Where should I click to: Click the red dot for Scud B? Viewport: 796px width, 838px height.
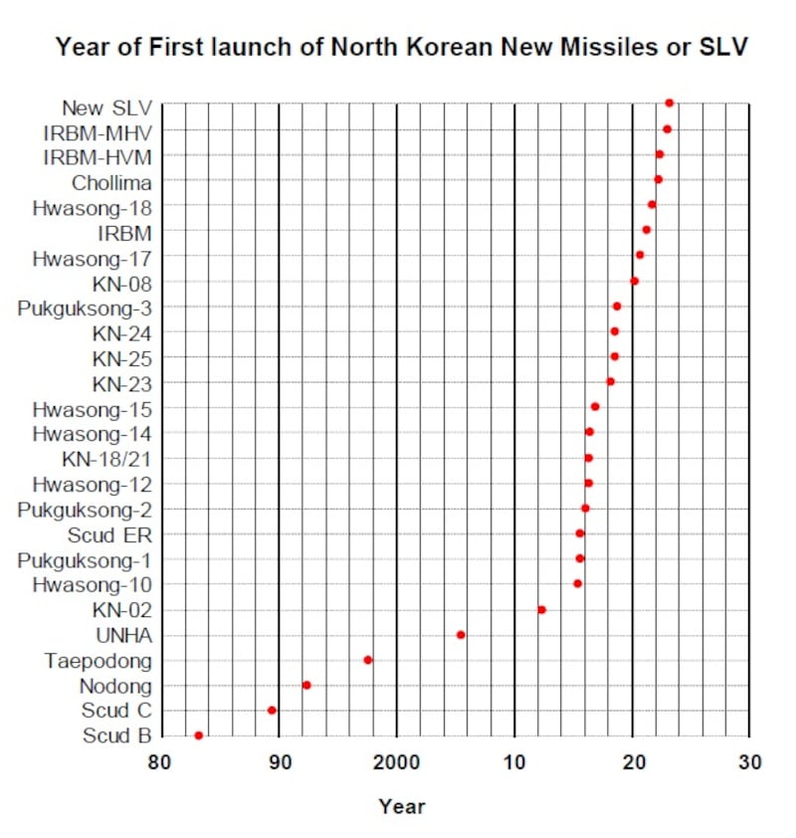[198, 735]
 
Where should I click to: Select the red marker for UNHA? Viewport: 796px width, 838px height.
[460, 635]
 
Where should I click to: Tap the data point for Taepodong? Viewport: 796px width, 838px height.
[368, 660]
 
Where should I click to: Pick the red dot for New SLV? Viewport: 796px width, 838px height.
[669, 103]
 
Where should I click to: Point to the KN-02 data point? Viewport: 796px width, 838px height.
[541, 609]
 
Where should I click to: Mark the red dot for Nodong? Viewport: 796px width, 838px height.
[306, 685]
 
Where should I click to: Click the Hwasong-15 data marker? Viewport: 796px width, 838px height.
[595, 406]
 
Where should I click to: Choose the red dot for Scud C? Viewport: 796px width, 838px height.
[272, 711]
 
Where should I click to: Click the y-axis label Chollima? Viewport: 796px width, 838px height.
[111, 182]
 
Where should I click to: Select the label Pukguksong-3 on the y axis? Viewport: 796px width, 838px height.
[85, 308]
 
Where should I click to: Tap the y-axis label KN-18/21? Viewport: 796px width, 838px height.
[106, 459]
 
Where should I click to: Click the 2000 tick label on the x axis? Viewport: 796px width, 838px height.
[396, 763]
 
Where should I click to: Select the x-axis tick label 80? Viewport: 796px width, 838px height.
[160, 763]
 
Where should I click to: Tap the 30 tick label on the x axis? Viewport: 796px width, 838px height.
[749, 763]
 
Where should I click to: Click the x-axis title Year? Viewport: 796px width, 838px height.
[401, 806]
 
